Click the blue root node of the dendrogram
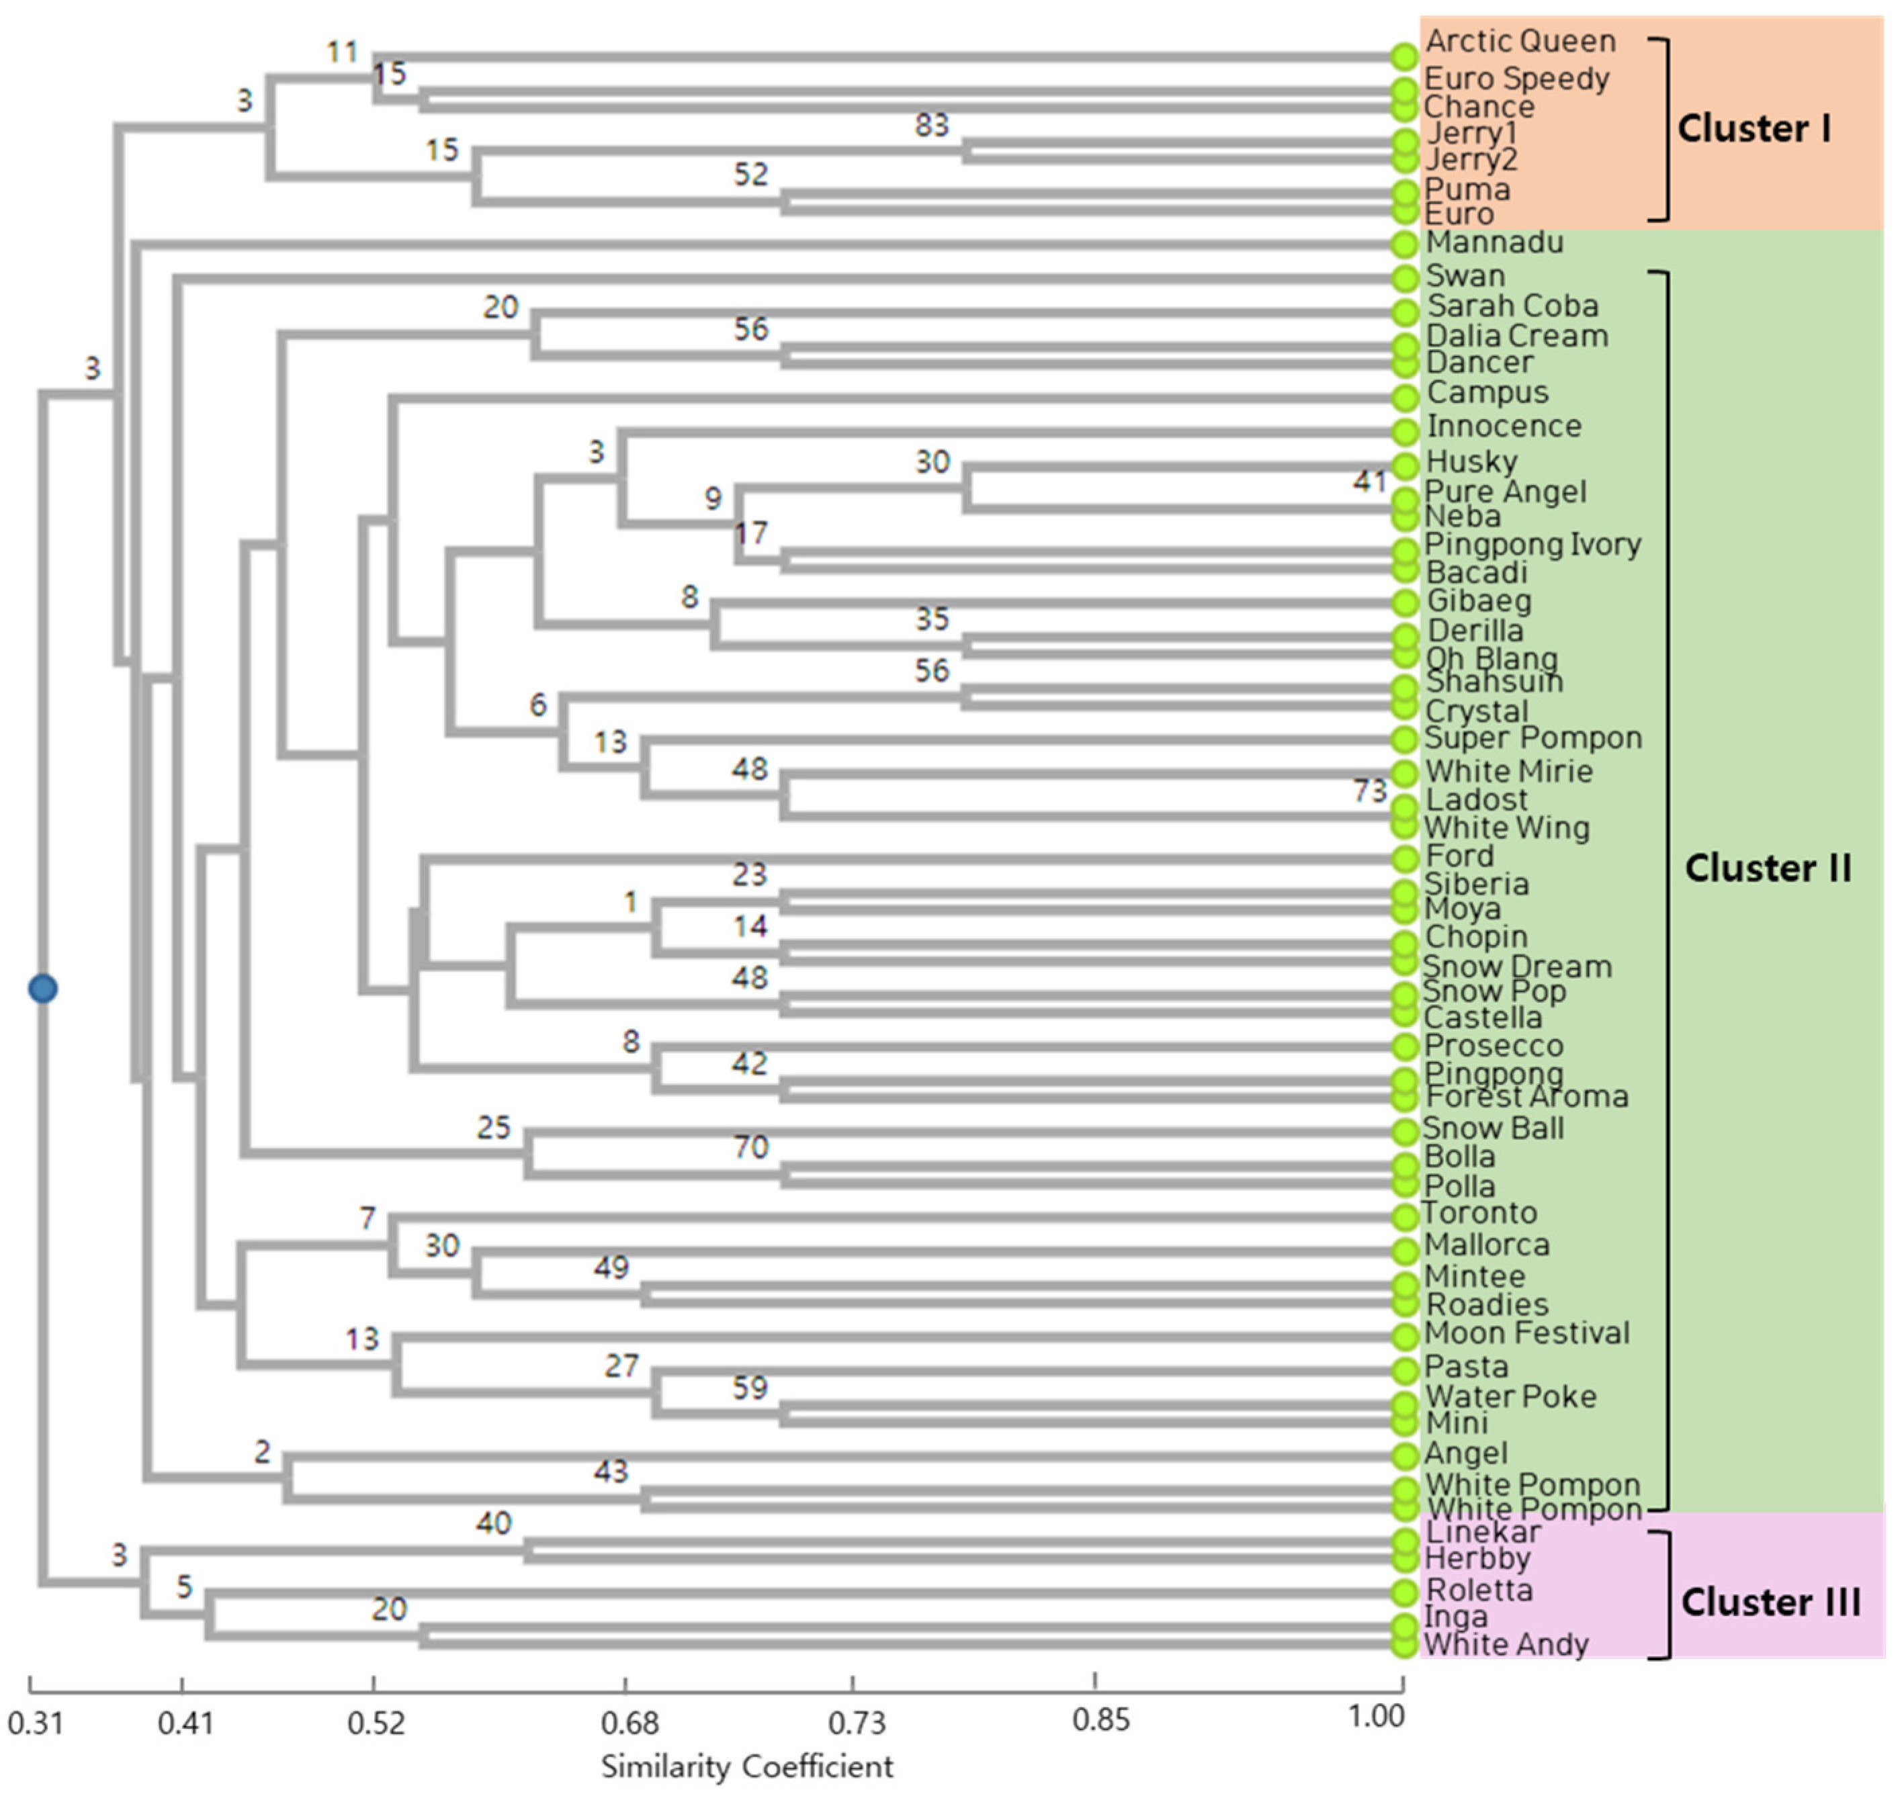point(42,988)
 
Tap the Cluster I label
point(1754,128)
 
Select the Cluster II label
point(1767,868)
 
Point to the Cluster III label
point(1771,1602)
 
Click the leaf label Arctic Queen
point(1520,41)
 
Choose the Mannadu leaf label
point(1494,242)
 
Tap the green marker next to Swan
point(1404,277)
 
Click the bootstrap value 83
point(931,124)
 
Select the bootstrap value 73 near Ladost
point(1369,790)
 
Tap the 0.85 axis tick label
point(1100,1720)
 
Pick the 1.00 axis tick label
point(1376,1717)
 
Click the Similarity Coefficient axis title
point(747,1766)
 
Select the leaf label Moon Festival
point(1526,1333)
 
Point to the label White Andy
point(1506,1645)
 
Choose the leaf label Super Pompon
point(1533,738)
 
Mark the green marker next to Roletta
point(1404,1592)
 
